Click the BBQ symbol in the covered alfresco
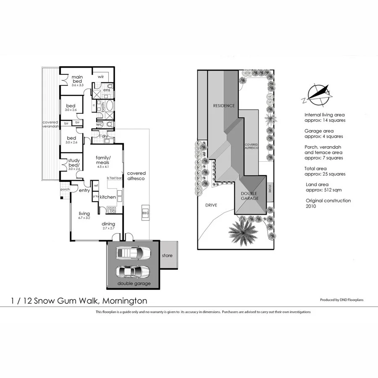coord(145,213)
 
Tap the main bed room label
coord(77,79)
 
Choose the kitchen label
coord(108,197)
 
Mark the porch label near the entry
coord(65,189)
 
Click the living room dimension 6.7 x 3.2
coord(84,218)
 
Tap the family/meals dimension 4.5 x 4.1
coord(102,166)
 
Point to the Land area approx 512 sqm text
coord(322,187)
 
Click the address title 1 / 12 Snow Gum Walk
coord(79,301)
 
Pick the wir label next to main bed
coord(101,77)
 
